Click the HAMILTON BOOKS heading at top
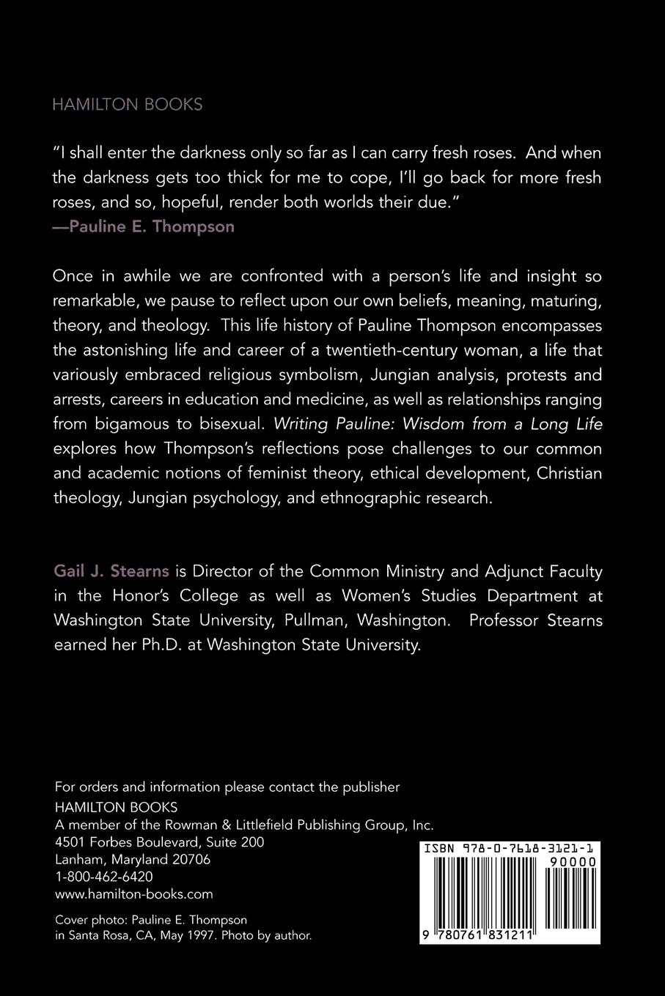pos(127,105)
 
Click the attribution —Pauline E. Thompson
pos(144,226)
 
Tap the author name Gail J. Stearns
pos(111,571)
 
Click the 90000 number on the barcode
pos(572,863)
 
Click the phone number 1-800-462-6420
pos(103,877)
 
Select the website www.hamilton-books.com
pos(133,894)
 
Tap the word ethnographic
pos(384,498)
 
